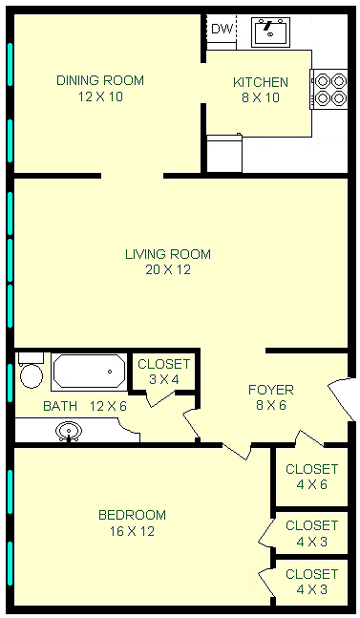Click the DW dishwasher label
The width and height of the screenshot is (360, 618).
click(x=222, y=29)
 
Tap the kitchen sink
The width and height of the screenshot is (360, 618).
click(x=270, y=32)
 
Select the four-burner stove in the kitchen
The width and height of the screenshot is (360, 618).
click(x=329, y=89)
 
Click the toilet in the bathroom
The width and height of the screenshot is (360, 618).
click(x=32, y=371)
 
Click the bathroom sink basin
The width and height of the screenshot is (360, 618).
click(x=69, y=431)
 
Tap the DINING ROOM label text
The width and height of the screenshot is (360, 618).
click(x=100, y=80)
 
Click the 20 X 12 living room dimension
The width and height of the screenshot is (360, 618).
click(x=168, y=269)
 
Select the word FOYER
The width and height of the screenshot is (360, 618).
click(x=271, y=390)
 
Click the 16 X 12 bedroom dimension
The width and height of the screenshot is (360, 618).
click(x=132, y=531)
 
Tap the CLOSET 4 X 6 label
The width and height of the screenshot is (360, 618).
click(x=312, y=477)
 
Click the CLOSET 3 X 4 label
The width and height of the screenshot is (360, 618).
click(x=164, y=372)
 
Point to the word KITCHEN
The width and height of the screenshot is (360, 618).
click(x=261, y=82)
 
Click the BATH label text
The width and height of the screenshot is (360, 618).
click(x=60, y=406)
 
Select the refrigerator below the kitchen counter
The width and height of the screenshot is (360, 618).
click(x=224, y=153)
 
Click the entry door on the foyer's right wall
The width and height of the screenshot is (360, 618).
click(x=341, y=398)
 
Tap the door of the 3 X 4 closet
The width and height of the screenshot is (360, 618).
click(x=160, y=399)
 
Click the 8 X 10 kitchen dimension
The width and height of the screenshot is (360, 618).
click(x=261, y=97)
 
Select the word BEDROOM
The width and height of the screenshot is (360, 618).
click(x=132, y=515)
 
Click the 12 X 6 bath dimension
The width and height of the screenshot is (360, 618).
click(x=108, y=406)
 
